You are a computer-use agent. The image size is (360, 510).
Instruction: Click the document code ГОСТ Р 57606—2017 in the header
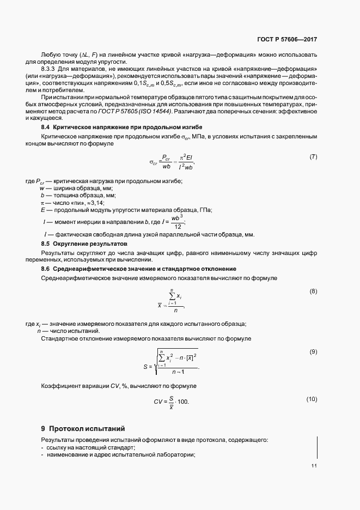(286, 40)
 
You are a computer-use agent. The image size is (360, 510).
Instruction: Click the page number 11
(314, 466)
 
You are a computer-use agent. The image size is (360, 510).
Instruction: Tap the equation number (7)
(313, 157)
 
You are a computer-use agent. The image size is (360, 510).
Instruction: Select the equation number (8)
(313, 291)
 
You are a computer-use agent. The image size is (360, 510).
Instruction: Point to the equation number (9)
(313, 351)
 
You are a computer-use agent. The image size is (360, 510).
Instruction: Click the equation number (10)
(312, 399)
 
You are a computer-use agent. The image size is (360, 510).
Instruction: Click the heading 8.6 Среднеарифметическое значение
(139, 269)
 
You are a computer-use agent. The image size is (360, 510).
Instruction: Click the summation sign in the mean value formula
(174, 296)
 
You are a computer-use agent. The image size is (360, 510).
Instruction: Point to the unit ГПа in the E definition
(205, 210)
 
